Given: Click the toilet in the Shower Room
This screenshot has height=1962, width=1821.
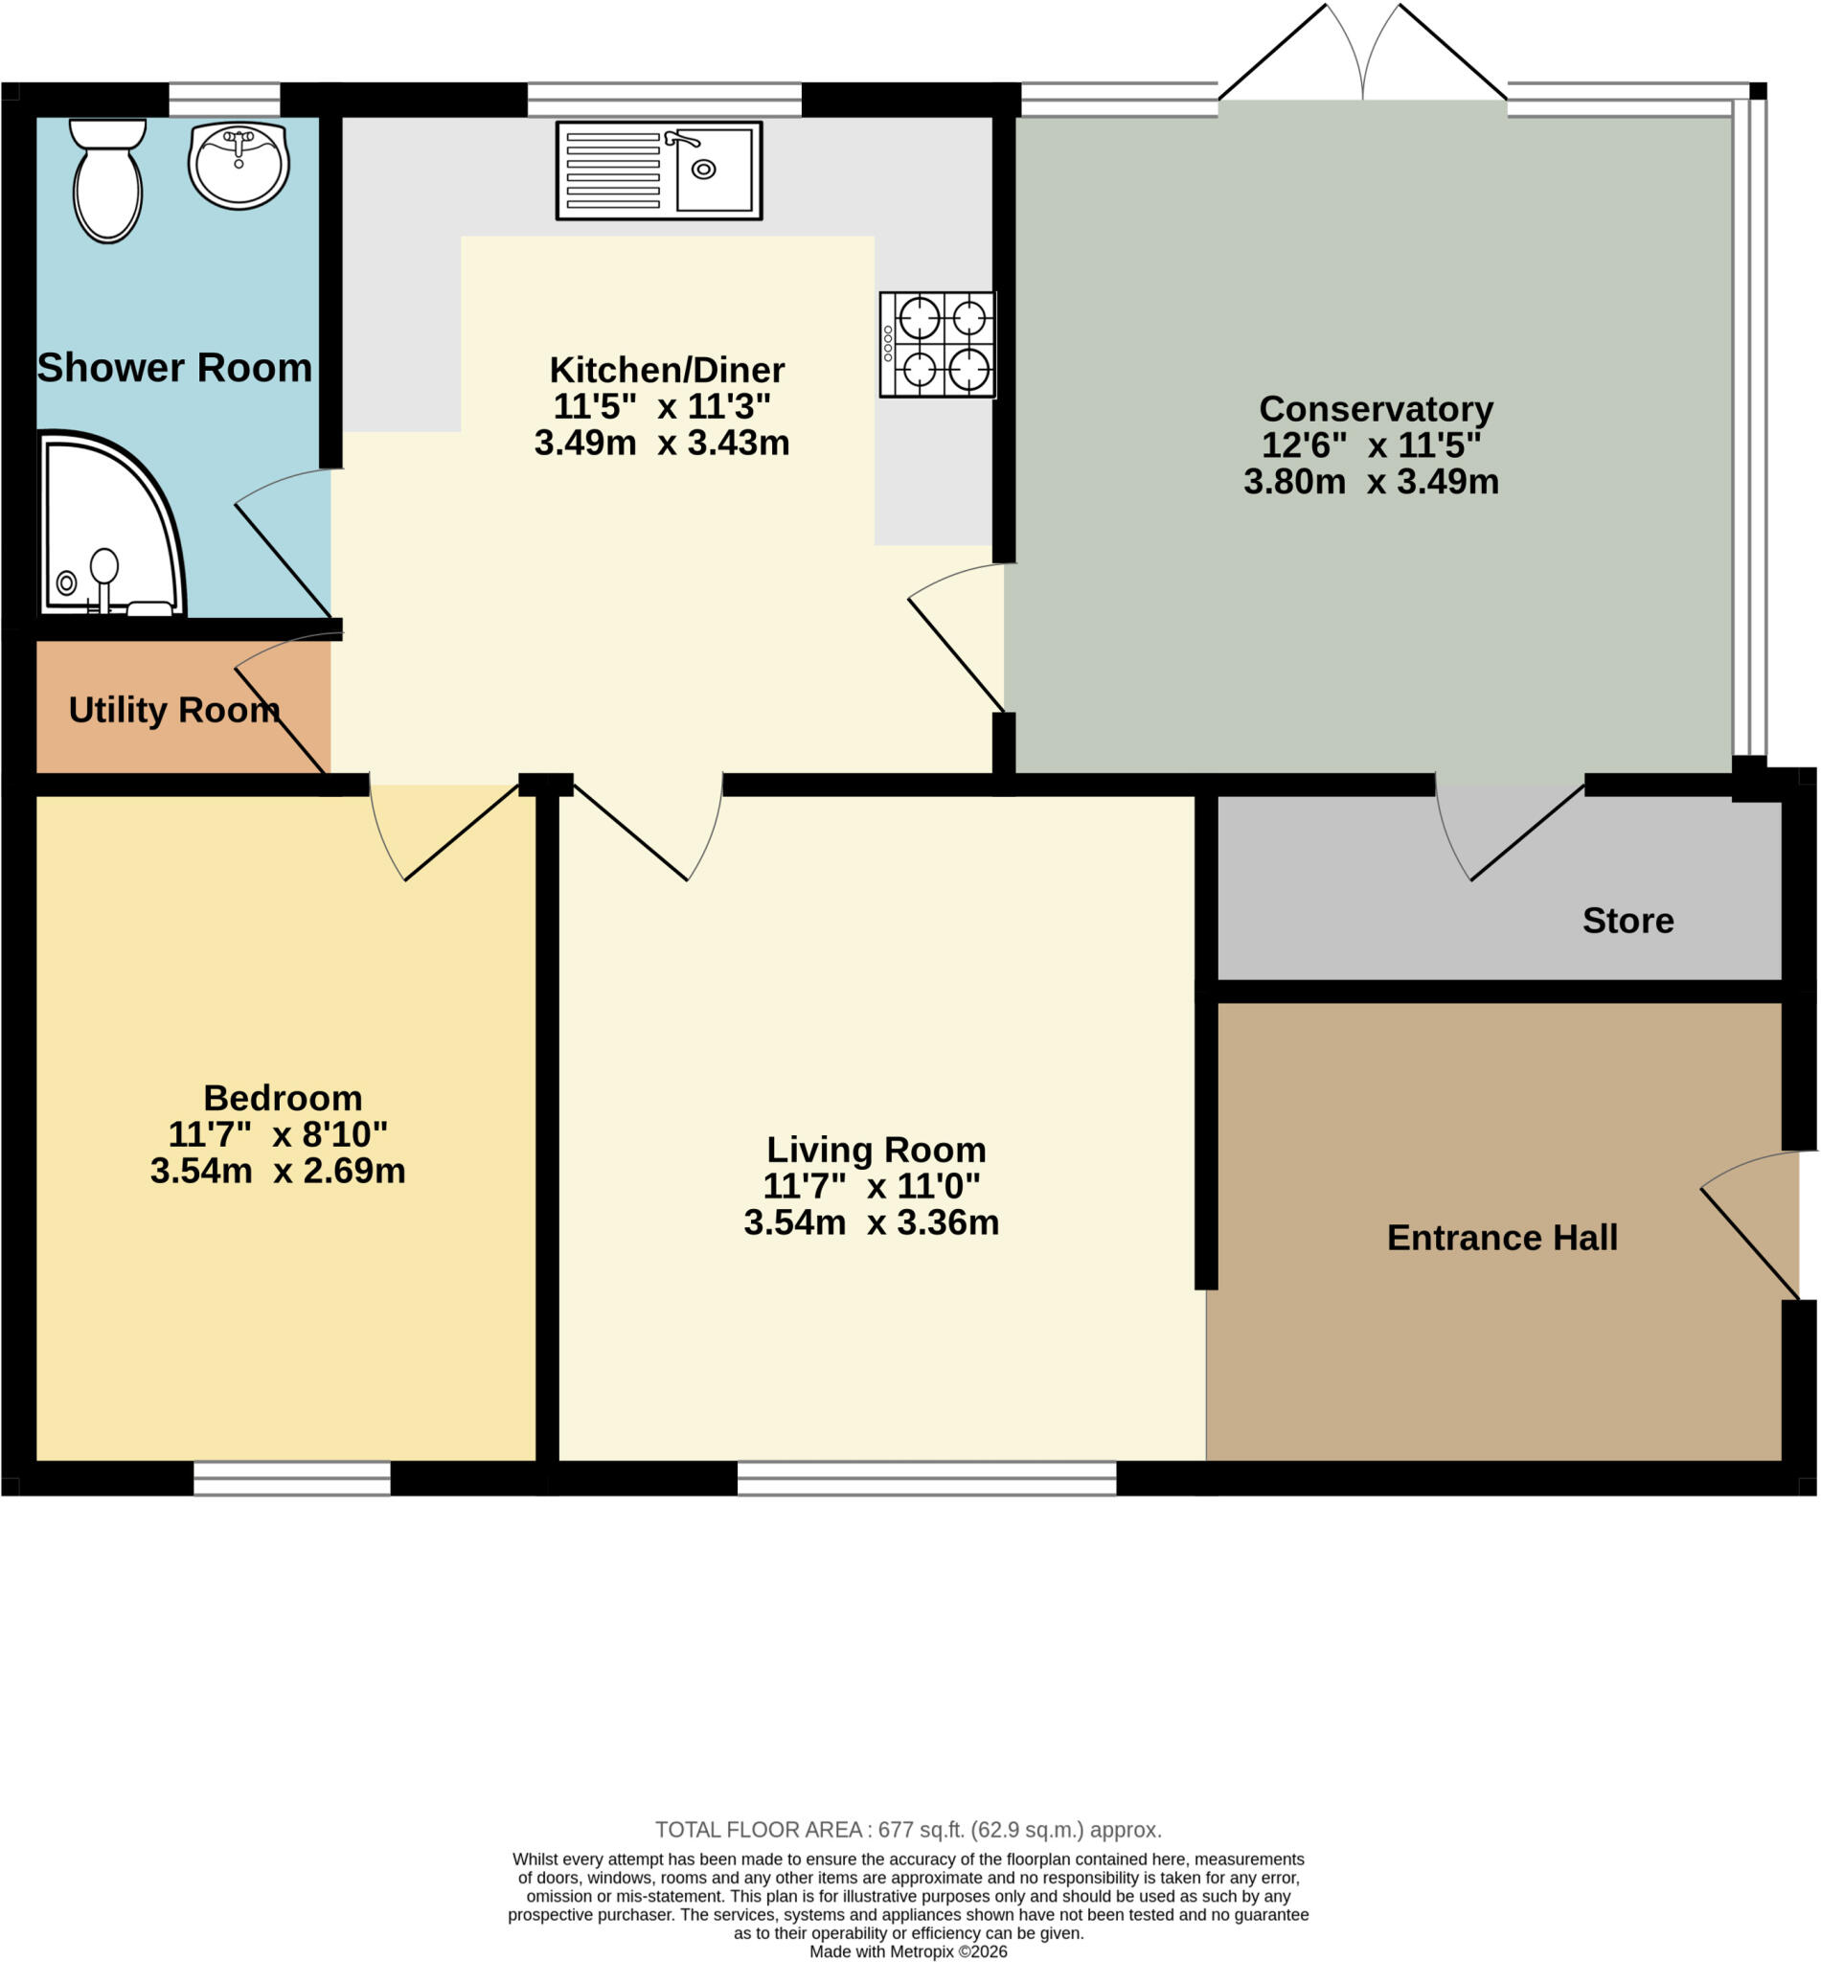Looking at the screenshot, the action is click(107, 180).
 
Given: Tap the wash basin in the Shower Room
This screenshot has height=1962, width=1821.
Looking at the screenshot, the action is click(239, 166).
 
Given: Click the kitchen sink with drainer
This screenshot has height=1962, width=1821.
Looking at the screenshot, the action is click(659, 171).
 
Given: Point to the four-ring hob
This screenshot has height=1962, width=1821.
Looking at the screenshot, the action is click(938, 345).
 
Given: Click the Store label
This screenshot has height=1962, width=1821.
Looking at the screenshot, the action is click(1628, 921).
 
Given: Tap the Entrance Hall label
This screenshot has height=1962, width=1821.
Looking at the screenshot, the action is click(1502, 1238).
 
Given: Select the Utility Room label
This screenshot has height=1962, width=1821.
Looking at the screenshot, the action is click(174, 710).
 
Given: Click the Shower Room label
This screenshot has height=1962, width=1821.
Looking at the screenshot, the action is click(174, 368).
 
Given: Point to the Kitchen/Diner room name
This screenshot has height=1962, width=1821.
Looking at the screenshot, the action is click(667, 371).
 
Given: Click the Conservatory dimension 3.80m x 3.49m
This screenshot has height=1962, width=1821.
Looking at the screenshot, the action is click(1371, 482).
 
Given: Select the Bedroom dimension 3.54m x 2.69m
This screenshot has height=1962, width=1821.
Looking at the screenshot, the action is click(278, 1171).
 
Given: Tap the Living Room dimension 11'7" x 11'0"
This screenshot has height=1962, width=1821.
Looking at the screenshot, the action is click(872, 1186).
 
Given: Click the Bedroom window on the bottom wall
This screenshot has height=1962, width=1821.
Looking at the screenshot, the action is click(291, 1478).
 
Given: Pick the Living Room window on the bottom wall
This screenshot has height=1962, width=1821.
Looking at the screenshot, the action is click(927, 1478).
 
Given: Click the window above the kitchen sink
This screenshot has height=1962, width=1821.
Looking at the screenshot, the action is click(664, 100).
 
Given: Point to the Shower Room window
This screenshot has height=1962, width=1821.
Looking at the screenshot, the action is click(225, 100).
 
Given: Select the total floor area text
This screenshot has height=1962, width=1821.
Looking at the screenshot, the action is click(908, 1830).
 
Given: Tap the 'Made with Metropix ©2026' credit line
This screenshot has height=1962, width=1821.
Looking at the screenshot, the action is click(908, 1951).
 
